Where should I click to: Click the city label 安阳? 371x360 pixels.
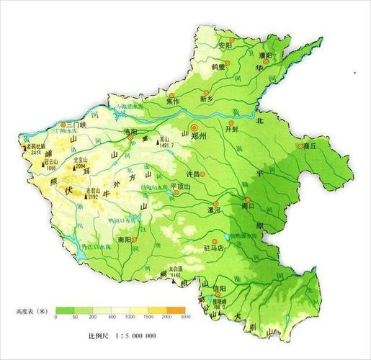224,45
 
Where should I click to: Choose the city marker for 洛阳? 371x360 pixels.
130,140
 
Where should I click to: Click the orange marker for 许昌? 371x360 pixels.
202,174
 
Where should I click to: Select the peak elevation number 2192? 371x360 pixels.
93,195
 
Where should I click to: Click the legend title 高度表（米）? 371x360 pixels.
31,311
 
